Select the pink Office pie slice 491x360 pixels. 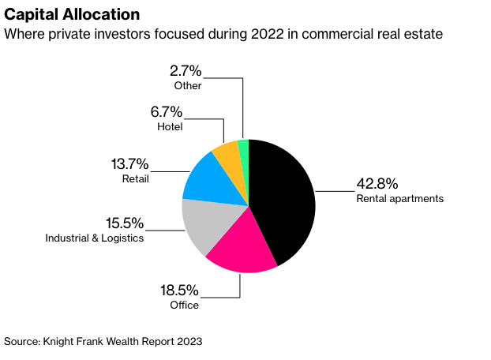click(245, 249)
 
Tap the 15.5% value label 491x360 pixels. click(126, 223)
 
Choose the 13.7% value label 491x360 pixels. click(130, 163)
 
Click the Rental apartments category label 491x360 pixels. click(399, 199)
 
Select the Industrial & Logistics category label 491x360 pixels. click(95, 238)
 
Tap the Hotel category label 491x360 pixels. click(169, 126)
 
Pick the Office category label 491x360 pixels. click(185, 306)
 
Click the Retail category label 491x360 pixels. click(135, 178)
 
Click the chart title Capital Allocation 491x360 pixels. click(73, 15)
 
